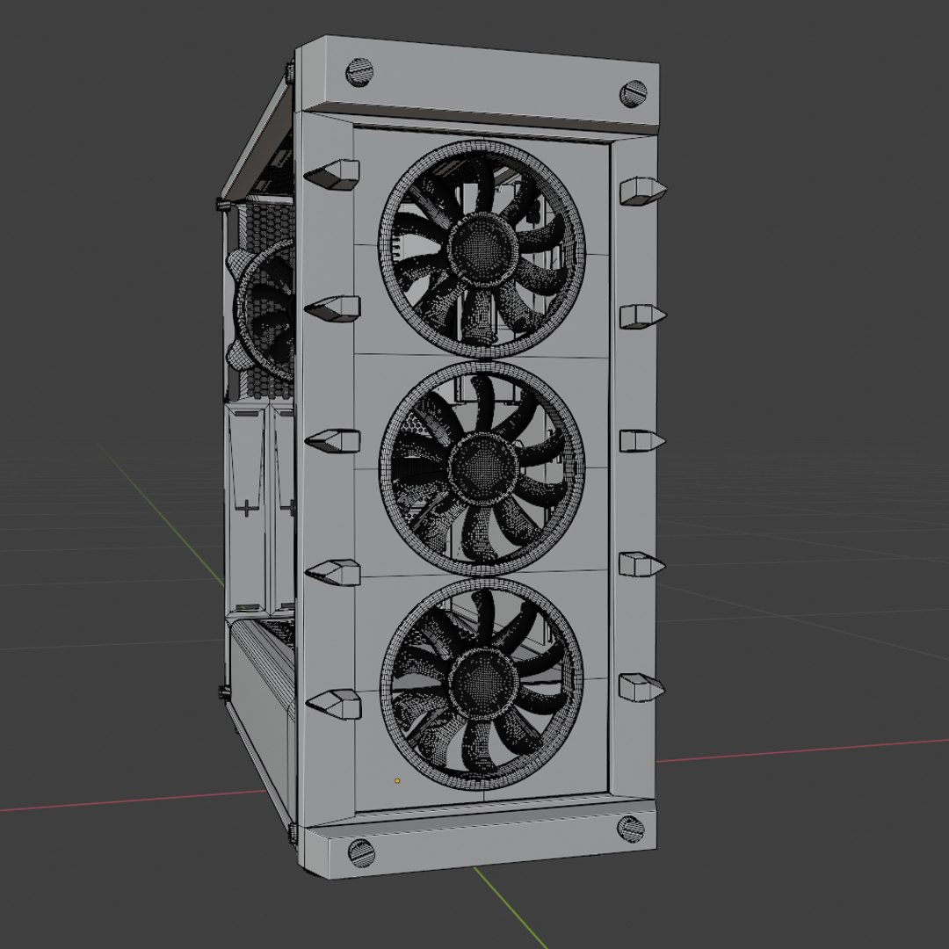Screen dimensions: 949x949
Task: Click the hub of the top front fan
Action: tap(481, 247)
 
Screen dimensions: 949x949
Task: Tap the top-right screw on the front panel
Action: tap(633, 93)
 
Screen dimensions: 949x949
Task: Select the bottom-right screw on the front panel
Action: tap(630, 828)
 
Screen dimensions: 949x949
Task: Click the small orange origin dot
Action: tap(397, 779)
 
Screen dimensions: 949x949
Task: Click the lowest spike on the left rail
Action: tap(333, 704)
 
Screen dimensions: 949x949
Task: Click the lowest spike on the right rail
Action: tap(641, 687)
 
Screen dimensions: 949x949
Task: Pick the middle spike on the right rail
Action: tap(641, 439)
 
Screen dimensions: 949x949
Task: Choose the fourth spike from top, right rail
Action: tap(641, 564)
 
